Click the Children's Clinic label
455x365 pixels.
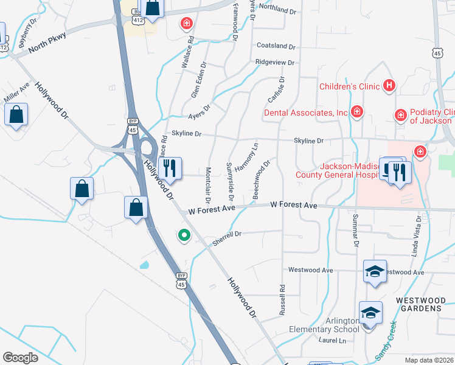(350, 86)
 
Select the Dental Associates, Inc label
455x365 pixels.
(305, 113)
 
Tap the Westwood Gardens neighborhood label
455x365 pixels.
(419, 304)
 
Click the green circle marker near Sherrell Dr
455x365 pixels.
(183, 235)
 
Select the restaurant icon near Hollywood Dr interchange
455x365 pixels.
(170, 167)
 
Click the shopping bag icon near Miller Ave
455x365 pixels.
(16, 114)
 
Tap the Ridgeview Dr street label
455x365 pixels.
(275, 63)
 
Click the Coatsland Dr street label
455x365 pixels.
(276, 46)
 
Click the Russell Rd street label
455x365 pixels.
(282, 301)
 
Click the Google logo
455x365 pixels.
(20, 357)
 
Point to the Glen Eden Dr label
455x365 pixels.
(200, 83)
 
